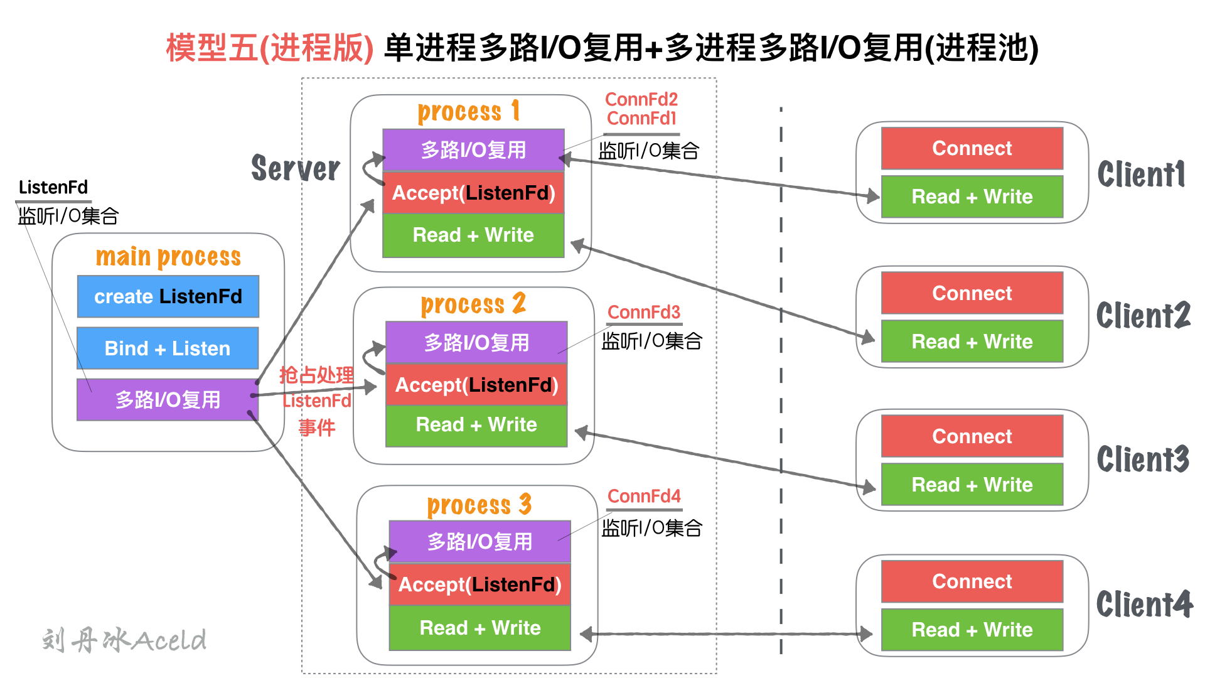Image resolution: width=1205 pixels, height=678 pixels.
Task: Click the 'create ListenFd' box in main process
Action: tap(168, 296)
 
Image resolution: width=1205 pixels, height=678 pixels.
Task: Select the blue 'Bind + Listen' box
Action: tap(168, 348)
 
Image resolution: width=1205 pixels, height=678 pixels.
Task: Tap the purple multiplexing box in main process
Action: tap(168, 399)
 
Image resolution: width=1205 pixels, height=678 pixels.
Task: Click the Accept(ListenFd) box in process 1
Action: tap(473, 193)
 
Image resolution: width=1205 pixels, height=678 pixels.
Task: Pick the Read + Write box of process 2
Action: tap(476, 425)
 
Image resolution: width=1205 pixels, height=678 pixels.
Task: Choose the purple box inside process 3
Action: tap(480, 541)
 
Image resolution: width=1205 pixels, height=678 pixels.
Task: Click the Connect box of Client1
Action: tap(972, 148)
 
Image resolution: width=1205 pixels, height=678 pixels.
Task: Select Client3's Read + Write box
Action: tap(972, 485)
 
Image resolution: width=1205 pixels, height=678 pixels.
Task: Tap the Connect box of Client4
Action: tap(972, 581)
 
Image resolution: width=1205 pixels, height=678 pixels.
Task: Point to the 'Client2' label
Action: tap(1143, 315)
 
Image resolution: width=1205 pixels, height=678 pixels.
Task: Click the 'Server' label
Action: tap(296, 168)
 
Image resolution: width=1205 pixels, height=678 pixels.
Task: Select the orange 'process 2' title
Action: tap(473, 304)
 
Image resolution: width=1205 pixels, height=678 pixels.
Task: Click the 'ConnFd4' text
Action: tap(644, 496)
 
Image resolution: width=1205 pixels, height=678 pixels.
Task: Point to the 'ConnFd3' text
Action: tap(644, 312)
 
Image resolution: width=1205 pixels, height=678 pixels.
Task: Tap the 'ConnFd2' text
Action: tap(641, 99)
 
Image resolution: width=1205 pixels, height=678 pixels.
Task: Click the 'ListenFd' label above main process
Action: tap(53, 187)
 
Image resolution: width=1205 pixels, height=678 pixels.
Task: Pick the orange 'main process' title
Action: tap(168, 257)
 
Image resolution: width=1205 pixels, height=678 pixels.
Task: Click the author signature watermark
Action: tap(124, 640)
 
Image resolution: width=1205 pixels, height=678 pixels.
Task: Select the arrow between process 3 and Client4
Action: tap(726, 634)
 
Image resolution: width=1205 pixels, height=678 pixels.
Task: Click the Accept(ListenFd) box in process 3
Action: tap(480, 584)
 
